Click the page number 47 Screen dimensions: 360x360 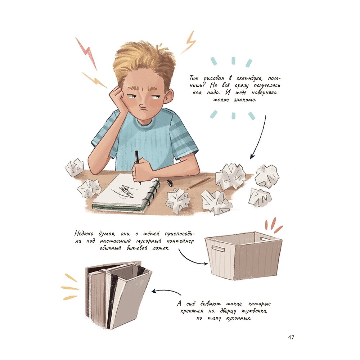coord(291,337)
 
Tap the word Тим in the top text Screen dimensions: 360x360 coord(194,78)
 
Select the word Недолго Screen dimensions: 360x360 coord(84,234)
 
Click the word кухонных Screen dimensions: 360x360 coord(239,318)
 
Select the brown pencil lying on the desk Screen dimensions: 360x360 coord(198,183)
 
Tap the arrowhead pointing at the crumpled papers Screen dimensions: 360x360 coord(252,156)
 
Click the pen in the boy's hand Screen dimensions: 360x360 coord(138,165)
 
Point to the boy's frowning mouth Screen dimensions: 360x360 coord(143,111)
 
